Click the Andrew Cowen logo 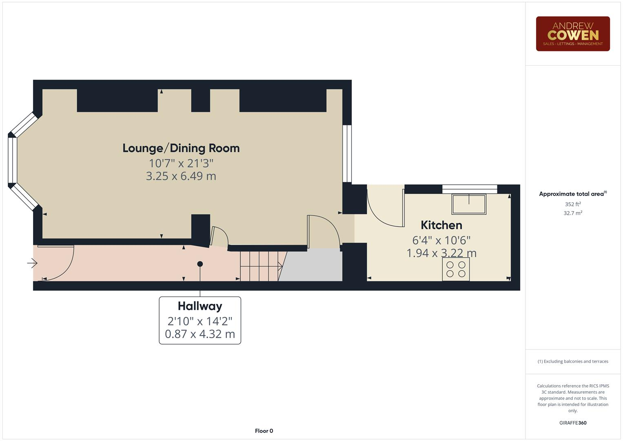pyautogui.click(x=572, y=34)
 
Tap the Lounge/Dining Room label pyautogui.click(x=181, y=148)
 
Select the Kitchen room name pyautogui.click(x=441, y=225)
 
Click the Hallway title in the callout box pyautogui.click(x=200, y=306)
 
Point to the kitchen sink pyautogui.click(x=469, y=204)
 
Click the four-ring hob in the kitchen pyautogui.click(x=456, y=269)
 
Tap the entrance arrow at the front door pyautogui.click(x=32, y=263)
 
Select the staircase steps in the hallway pyautogui.click(x=259, y=266)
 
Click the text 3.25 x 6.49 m pyautogui.click(x=181, y=176)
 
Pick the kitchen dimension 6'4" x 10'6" pyautogui.click(x=441, y=240)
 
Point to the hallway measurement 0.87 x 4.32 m pyautogui.click(x=200, y=334)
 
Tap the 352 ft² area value pyautogui.click(x=572, y=204)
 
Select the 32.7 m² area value pyautogui.click(x=572, y=213)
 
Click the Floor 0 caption pyautogui.click(x=264, y=431)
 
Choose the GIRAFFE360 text pyautogui.click(x=572, y=423)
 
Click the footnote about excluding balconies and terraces pyautogui.click(x=572, y=361)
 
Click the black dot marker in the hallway pyautogui.click(x=200, y=264)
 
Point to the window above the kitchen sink pyautogui.click(x=470, y=189)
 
